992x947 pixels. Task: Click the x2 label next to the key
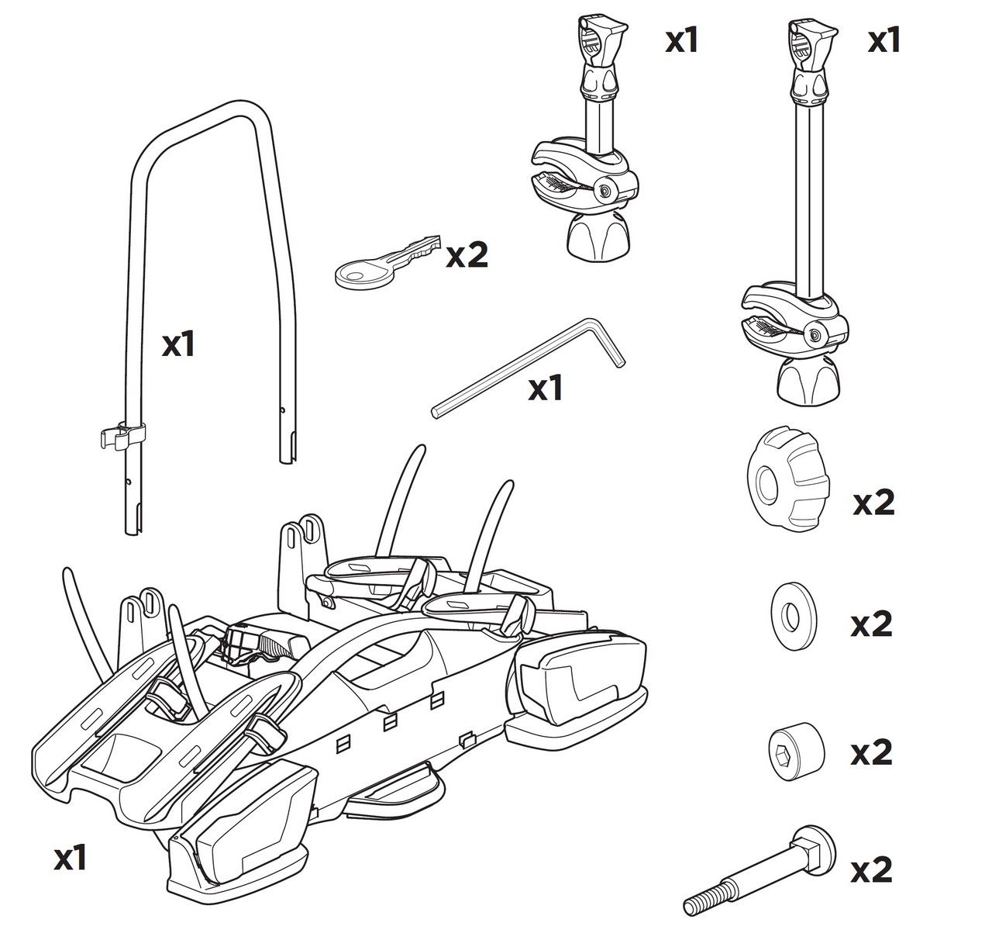point(467,255)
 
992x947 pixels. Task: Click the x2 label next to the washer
point(872,624)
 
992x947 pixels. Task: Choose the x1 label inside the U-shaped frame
point(178,345)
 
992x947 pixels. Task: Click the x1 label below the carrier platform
point(71,859)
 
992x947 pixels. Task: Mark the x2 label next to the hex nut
point(872,753)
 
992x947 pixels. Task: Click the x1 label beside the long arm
point(884,40)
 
